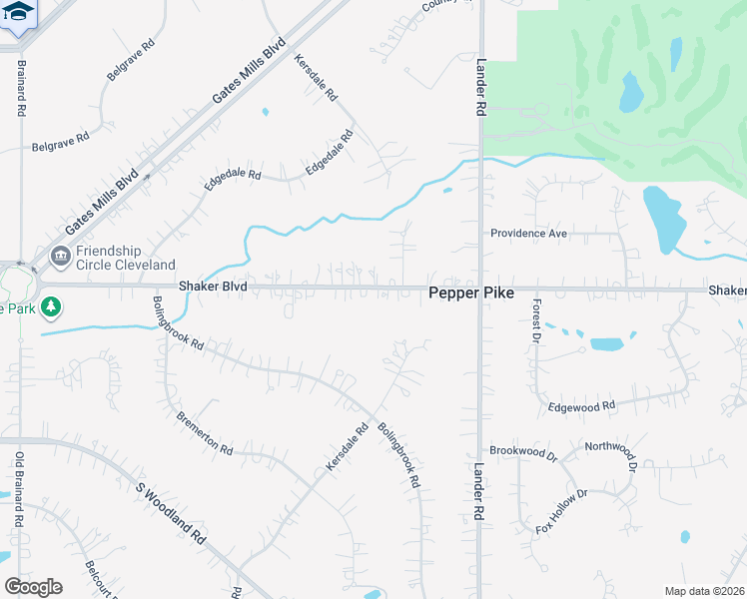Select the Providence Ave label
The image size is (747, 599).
tap(528, 234)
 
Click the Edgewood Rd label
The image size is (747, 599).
tap(582, 407)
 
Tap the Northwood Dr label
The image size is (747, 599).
tap(610, 446)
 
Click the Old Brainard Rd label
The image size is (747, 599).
tap(19, 489)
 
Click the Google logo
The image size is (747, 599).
tap(33, 586)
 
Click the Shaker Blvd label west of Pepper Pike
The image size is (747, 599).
tap(212, 287)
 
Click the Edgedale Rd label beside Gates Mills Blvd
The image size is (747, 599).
tap(233, 174)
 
